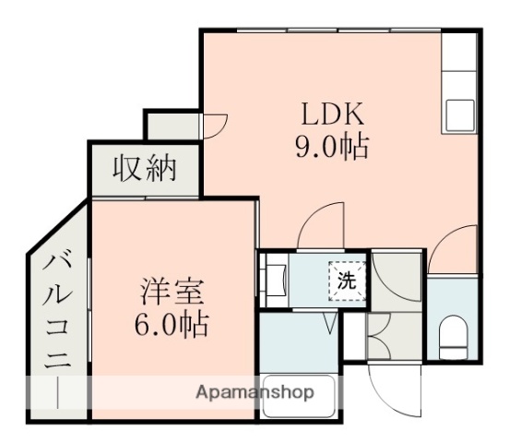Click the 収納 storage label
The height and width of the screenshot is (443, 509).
143,170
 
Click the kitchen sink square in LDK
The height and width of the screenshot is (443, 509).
459,116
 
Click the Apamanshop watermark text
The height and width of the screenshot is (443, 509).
254,392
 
